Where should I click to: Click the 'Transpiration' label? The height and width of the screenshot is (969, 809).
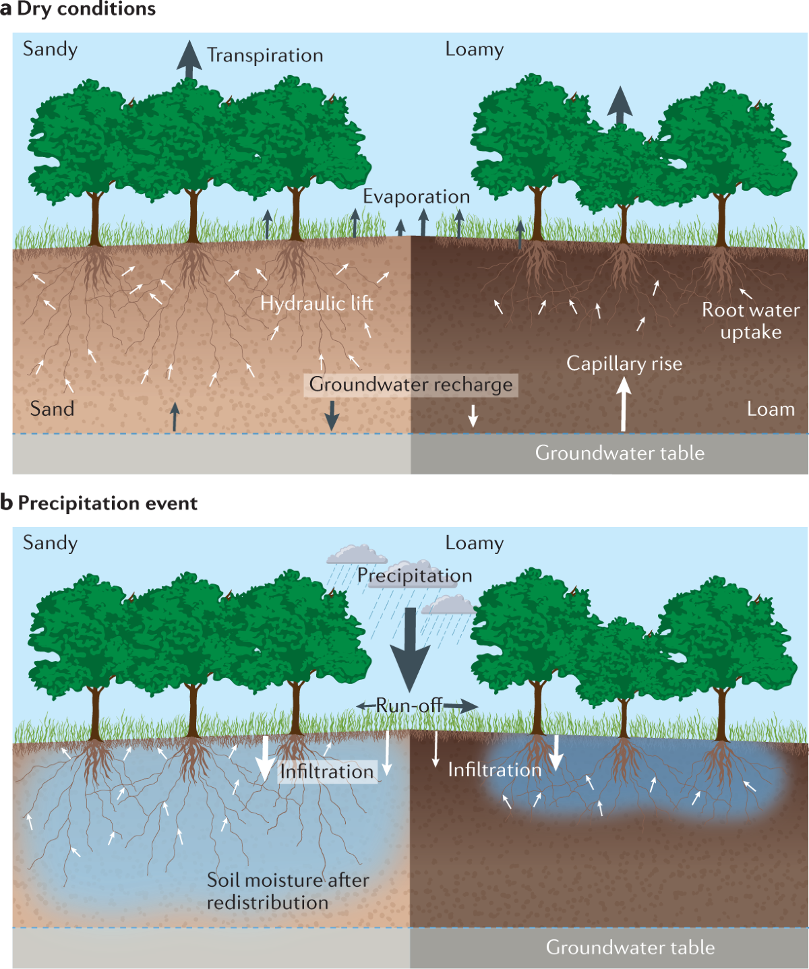click(x=265, y=55)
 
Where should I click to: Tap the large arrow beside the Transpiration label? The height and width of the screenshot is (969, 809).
click(x=189, y=61)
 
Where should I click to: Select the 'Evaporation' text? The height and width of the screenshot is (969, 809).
click(x=416, y=197)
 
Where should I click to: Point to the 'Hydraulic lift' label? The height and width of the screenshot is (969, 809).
click(x=317, y=303)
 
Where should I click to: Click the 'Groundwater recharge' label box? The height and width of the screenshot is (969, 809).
click(x=411, y=385)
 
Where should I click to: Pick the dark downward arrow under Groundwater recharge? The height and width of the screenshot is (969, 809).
click(x=332, y=415)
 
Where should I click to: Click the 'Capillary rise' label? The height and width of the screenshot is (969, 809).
click(x=624, y=364)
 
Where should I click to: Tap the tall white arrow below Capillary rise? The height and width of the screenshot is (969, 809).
click(x=624, y=404)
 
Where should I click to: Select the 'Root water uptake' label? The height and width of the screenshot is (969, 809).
click(x=750, y=321)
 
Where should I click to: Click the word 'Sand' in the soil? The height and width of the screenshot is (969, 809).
click(x=52, y=409)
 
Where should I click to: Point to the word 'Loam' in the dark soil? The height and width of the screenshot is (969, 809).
click(x=771, y=409)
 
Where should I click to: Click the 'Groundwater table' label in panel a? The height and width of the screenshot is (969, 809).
click(x=620, y=454)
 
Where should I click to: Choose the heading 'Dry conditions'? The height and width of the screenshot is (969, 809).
click(x=86, y=9)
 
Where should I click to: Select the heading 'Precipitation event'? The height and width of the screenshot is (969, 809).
click(x=107, y=503)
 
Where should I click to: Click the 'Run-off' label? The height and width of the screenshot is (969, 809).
click(x=409, y=706)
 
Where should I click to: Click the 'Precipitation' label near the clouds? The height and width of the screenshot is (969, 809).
click(x=415, y=575)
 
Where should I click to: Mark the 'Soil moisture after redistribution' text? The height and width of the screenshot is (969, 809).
click(x=287, y=891)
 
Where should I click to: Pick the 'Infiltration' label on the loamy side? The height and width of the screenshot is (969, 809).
click(x=495, y=770)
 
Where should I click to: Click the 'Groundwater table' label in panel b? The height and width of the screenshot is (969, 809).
click(x=630, y=947)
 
